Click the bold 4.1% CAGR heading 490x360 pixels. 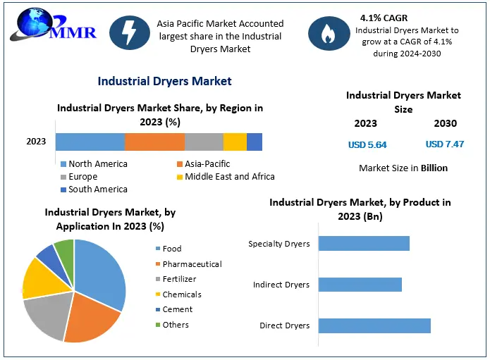point(385,17)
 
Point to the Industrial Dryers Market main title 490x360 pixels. point(164,81)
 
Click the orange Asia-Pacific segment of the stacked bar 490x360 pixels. point(154,142)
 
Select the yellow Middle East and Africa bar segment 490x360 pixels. point(235,142)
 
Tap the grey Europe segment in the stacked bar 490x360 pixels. point(204,142)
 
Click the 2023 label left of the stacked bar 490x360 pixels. point(36,142)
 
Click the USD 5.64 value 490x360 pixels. point(367,144)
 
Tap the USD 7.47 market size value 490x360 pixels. point(445,144)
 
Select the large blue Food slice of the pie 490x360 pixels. point(102,271)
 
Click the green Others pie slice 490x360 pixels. point(65,249)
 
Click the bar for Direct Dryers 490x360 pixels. point(374,325)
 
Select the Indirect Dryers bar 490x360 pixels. point(360,285)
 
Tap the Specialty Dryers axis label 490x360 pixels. point(278,244)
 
